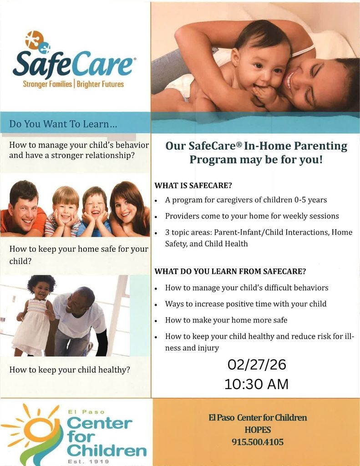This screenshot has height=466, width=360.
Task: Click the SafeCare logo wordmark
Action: (x=73, y=64)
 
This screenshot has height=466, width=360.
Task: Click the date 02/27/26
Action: (x=256, y=365)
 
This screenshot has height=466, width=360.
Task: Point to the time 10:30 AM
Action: (x=256, y=384)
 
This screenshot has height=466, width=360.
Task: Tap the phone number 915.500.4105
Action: (x=258, y=442)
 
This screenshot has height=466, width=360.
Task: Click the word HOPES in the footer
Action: (x=258, y=430)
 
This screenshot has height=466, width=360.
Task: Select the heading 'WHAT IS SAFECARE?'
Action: (x=193, y=186)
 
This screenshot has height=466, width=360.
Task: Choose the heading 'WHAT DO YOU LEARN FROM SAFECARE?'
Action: (x=230, y=271)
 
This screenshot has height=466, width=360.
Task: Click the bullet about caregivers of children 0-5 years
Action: (x=246, y=200)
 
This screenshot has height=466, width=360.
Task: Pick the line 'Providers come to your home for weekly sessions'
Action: (x=252, y=216)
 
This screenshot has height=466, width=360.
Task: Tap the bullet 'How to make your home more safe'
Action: (x=226, y=320)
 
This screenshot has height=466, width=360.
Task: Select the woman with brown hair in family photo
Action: (x=127, y=209)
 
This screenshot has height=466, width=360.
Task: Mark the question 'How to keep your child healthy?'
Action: (x=70, y=370)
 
